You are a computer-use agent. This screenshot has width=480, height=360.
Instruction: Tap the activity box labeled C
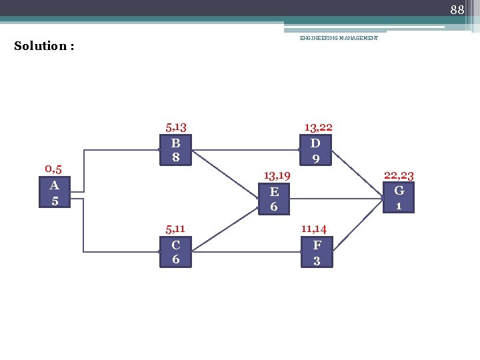[176, 252]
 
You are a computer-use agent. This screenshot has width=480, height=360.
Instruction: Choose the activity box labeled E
[273, 199]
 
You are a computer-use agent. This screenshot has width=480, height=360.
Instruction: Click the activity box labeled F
[317, 252]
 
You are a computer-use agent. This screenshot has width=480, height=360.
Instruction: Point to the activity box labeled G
[399, 197]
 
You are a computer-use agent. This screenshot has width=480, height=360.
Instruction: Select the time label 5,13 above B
[176, 127]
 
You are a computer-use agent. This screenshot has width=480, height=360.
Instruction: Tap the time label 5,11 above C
[176, 229]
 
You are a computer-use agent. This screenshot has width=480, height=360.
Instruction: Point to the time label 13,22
[318, 127]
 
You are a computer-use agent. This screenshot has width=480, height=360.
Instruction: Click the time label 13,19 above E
[276, 175]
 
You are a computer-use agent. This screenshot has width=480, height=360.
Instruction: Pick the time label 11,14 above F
[313, 229]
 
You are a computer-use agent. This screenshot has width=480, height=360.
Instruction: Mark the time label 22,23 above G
[399, 175]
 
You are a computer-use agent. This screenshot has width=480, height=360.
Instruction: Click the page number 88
[457, 9]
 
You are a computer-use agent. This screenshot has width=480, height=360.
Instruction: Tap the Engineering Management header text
[339, 38]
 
